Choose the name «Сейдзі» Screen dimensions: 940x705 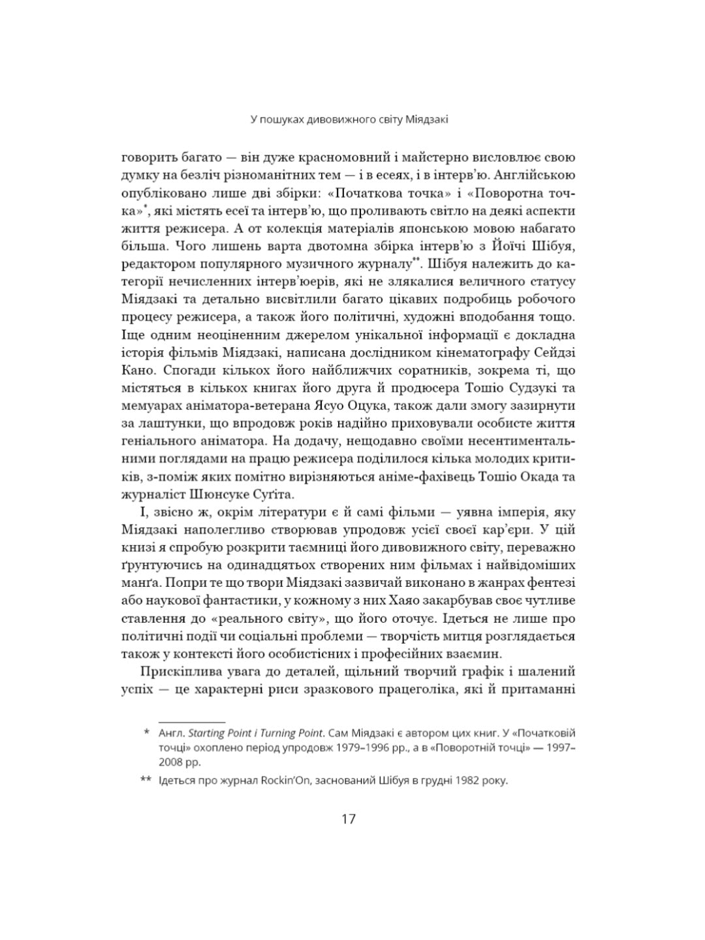553,353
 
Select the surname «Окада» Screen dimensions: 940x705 531,477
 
